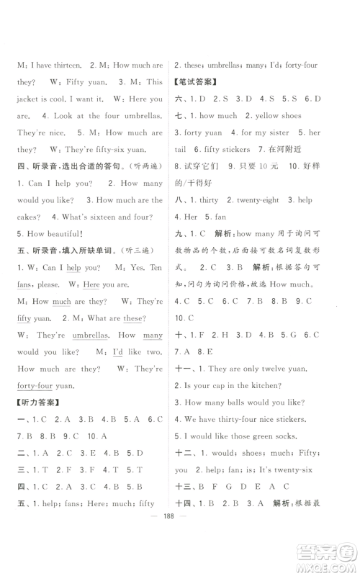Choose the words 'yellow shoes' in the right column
271,116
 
